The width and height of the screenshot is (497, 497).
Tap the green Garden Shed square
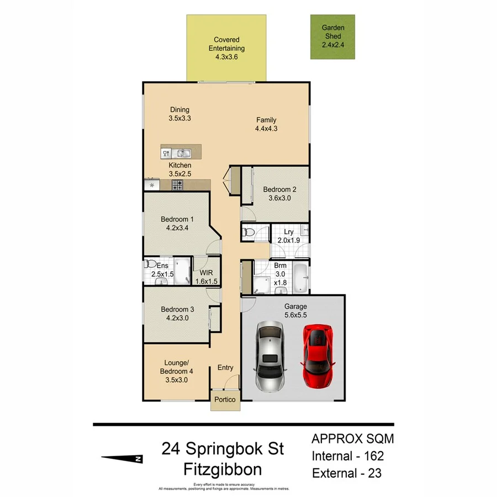pos(332,37)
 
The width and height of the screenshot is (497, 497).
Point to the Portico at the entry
pos(225,399)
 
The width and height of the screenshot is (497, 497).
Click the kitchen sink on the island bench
pos(184,153)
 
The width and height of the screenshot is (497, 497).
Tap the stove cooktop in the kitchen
pos(177,185)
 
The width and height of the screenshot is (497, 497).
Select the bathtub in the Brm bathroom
pos(300,278)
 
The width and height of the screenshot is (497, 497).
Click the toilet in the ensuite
pos(149,265)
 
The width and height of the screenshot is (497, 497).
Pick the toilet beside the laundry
pos(248,233)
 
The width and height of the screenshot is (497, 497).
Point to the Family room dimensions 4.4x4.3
pos(266,129)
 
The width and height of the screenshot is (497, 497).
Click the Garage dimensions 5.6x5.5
pos(296,315)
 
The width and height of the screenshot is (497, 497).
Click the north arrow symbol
pos(123,458)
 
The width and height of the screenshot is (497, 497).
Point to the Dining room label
pos(179,110)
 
